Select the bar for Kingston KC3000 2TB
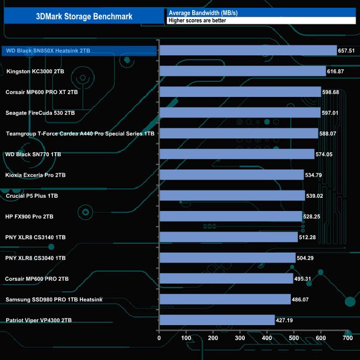point(242,71)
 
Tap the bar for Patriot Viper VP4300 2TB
point(217,320)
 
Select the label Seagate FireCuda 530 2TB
point(40,113)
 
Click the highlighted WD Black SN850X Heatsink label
point(48,51)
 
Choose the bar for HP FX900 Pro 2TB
point(230,216)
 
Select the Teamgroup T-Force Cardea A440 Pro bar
point(238,133)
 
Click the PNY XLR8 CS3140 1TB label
point(35,238)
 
